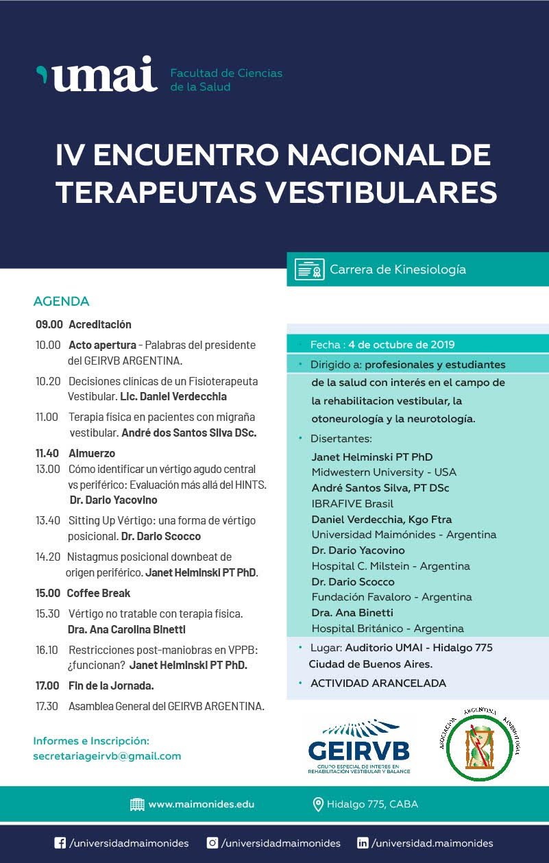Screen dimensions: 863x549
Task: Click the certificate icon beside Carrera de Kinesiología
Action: (x=309, y=269)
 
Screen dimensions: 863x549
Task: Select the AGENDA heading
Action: (x=61, y=302)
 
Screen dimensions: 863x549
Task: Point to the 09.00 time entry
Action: (x=49, y=324)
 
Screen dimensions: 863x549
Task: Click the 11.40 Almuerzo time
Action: (x=49, y=453)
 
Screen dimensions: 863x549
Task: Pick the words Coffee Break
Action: (x=98, y=593)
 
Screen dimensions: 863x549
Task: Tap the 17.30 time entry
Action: (x=48, y=706)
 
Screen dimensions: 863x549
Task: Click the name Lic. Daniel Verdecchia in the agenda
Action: (x=173, y=396)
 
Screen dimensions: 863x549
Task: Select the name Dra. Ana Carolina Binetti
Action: (x=127, y=629)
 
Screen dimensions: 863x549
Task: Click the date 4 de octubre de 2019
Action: (x=401, y=344)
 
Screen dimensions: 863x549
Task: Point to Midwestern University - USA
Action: (x=384, y=472)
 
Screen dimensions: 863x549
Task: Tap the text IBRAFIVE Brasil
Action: (x=352, y=504)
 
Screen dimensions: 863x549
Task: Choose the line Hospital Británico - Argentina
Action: (x=387, y=629)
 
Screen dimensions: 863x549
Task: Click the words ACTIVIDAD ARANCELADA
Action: (x=378, y=683)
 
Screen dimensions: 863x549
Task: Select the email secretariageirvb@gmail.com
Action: (x=107, y=756)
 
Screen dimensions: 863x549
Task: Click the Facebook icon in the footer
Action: (x=60, y=844)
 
